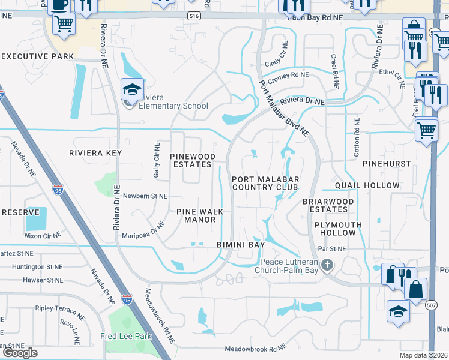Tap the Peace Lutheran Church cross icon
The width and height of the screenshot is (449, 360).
[x=327, y=265]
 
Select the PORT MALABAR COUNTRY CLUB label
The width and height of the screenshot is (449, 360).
[x=265, y=183]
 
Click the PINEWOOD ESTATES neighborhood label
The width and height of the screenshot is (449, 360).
[x=191, y=160]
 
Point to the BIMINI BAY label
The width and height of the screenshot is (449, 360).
[x=240, y=245]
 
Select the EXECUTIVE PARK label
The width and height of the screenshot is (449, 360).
[x=38, y=56]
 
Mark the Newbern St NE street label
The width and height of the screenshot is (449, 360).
[x=145, y=196]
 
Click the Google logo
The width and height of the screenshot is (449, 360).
[x=20, y=353]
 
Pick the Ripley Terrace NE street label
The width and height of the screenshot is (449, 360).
[x=59, y=311]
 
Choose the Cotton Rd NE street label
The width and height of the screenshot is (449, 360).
[x=357, y=137]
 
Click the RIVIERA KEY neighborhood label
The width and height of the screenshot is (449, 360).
[x=95, y=153]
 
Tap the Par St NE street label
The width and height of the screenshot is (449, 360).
[x=333, y=248]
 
